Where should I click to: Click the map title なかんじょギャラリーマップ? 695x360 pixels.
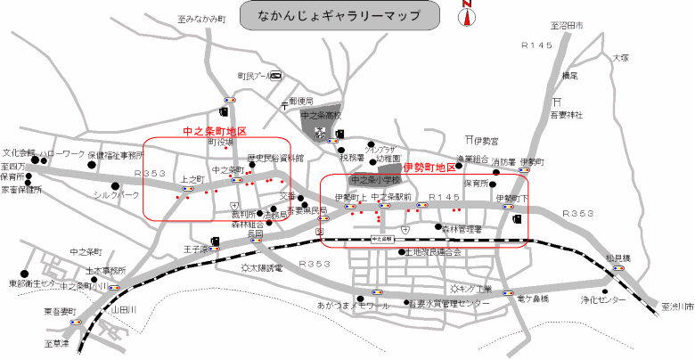(x=340, y=16)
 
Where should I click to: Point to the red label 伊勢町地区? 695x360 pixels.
(x=429, y=167)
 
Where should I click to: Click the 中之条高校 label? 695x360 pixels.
(x=322, y=116)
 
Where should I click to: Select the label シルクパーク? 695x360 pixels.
(x=117, y=193)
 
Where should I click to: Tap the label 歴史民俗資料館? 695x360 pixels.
(x=275, y=158)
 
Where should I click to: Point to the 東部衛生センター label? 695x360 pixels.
(x=33, y=284)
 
